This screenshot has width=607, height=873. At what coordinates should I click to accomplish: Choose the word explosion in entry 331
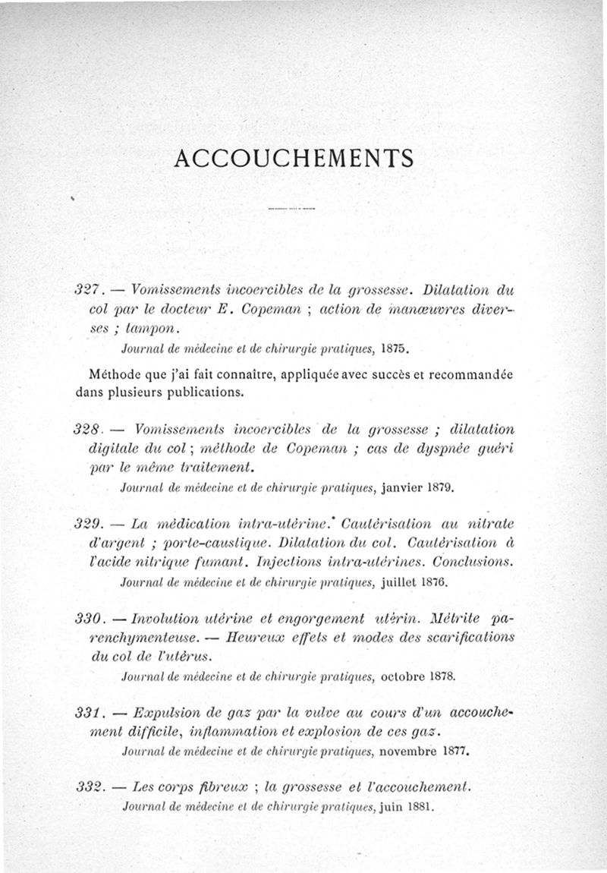[x=327, y=733]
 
